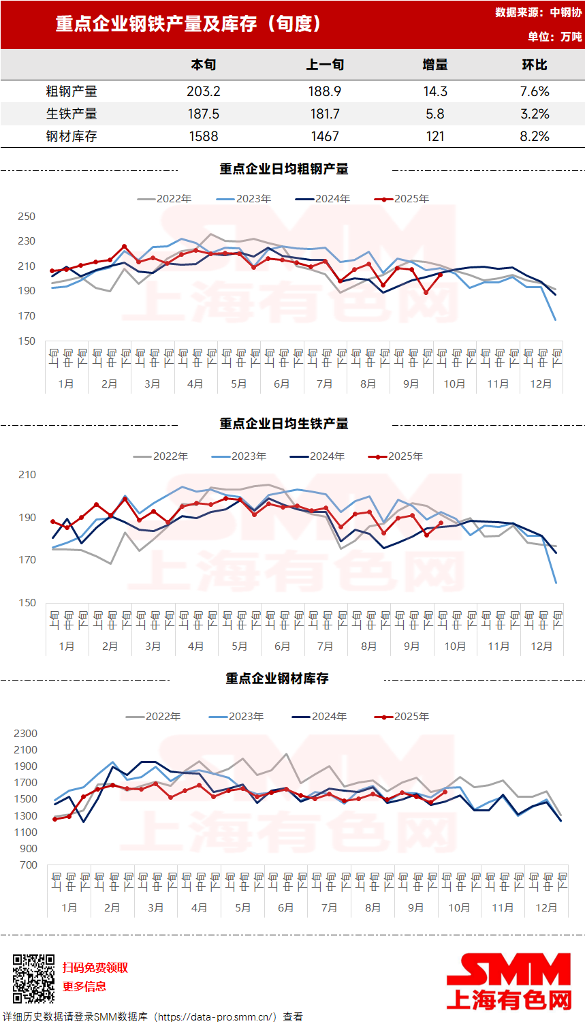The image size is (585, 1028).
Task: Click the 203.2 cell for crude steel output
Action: [x=204, y=91]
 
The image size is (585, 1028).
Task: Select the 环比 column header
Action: [x=535, y=65]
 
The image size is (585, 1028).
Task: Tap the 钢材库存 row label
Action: [x=72, y=136]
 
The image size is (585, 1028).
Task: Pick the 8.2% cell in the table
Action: [x=535, y=136]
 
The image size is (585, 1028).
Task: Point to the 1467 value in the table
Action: [x=325, y=136]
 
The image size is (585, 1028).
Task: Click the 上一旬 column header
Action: [x=325, y=65]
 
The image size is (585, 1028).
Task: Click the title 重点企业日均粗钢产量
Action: [x=284, y=169]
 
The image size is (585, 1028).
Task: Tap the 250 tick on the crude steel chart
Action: [x=27, y=217]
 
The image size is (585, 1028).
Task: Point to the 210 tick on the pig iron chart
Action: [x=27, y=475]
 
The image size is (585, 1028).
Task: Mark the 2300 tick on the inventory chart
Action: [x=25, y=734]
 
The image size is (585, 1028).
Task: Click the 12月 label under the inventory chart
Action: [x=546, y=908]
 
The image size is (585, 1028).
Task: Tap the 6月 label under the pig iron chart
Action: [x=283, y=647]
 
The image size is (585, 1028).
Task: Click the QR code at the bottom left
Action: [x=33, y=978]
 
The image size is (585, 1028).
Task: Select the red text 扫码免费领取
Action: [x=95, y=968]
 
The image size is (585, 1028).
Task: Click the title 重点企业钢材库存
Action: [x=277, y=679]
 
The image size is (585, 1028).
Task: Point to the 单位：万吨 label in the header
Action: [x=554, y=37]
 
